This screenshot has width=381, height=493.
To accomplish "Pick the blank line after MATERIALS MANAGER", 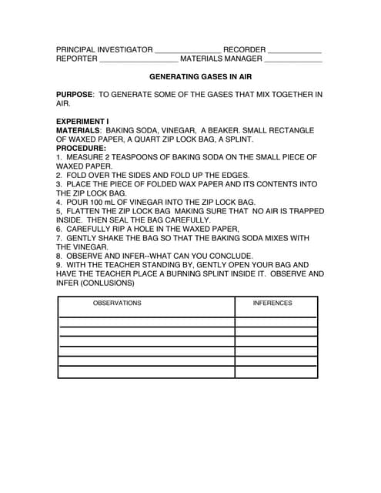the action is click(x=293, y=60).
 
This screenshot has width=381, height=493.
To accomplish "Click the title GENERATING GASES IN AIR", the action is click(x=200, y=77).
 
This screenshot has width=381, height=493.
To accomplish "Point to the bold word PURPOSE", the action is click(x=74, y=95).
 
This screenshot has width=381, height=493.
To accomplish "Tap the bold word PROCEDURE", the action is click(x=81, y=148).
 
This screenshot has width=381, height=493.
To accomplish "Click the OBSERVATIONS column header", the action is click(x=117, y=304).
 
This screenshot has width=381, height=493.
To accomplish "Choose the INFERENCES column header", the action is click(x=272, y=304).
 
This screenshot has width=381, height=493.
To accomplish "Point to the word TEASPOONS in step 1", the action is click(x=133, y=157).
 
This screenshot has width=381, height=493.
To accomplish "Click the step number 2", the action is click(x=58, y=175).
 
